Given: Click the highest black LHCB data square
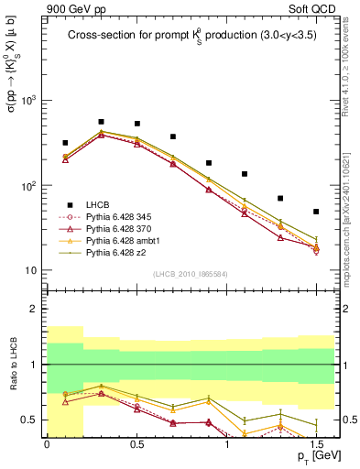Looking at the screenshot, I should pos(101,122).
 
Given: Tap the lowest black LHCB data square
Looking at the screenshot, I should pos(315,212).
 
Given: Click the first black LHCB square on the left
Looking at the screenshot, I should pos(65,143).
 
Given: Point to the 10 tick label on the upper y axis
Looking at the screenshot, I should pos(32,271).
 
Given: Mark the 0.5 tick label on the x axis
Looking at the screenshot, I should pos(136,443).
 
